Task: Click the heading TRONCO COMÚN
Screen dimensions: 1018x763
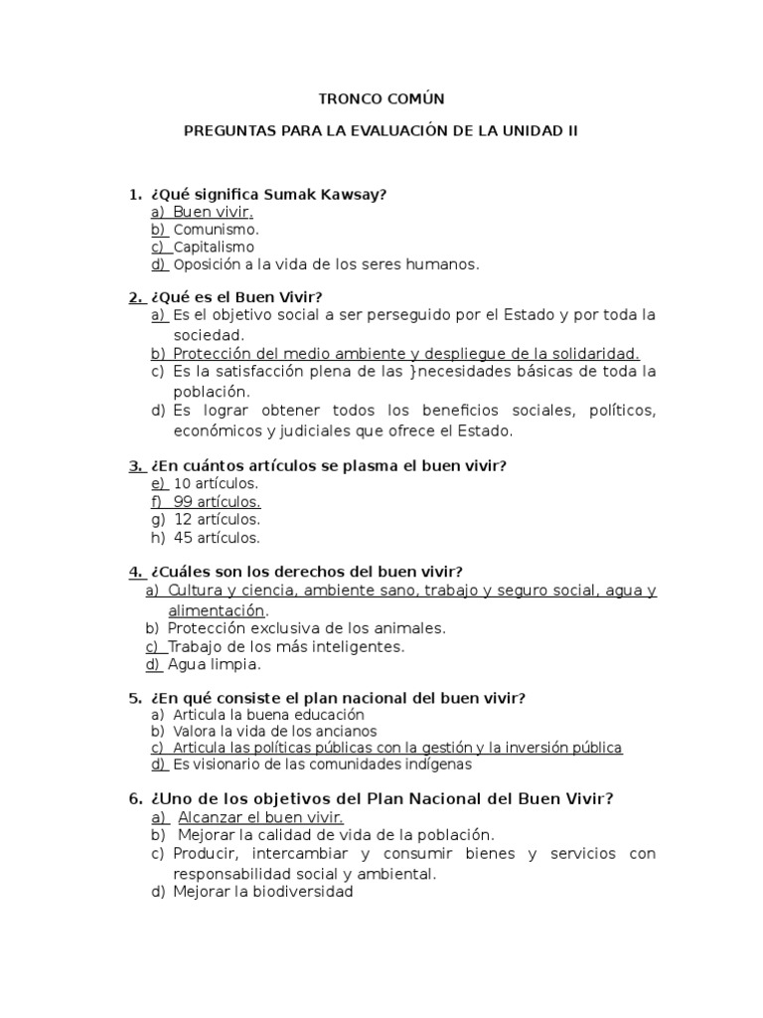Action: point(381,98)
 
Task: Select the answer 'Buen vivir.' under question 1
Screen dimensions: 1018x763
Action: point(214,212)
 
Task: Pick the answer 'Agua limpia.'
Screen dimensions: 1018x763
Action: point(215,664)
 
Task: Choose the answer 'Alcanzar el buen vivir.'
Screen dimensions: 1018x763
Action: point(260,816)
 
